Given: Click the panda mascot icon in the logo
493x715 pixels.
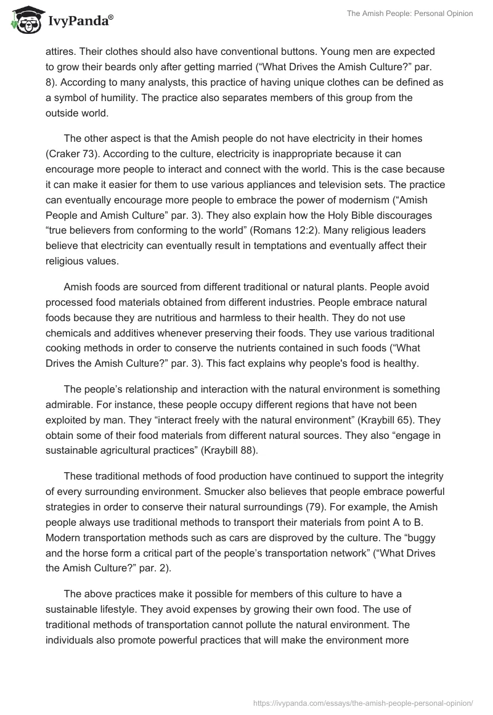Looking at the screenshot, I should pyautogui.click(x=24, y=20).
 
